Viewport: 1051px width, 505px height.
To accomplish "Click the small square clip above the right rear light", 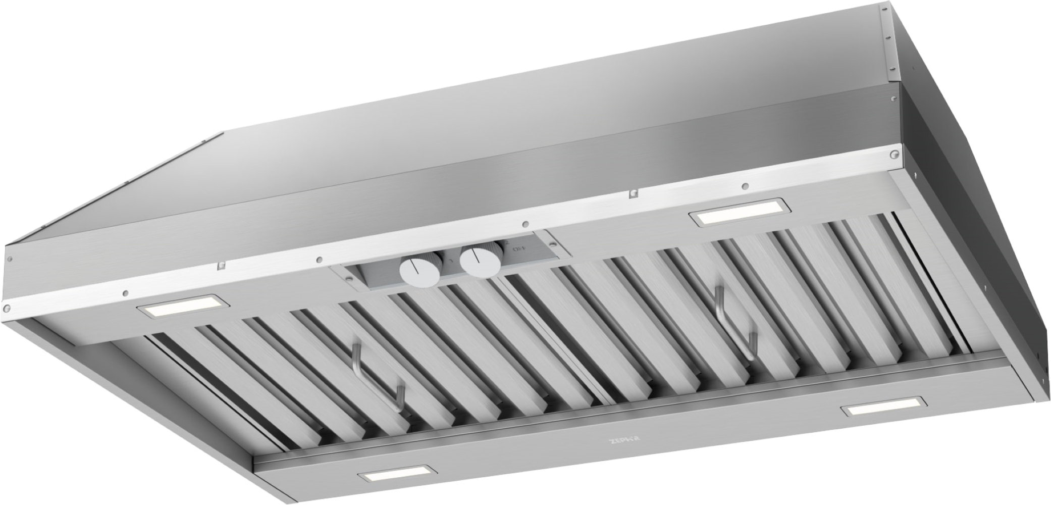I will coord(632,193).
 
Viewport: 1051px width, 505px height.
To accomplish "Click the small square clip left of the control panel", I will coord(220,265).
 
